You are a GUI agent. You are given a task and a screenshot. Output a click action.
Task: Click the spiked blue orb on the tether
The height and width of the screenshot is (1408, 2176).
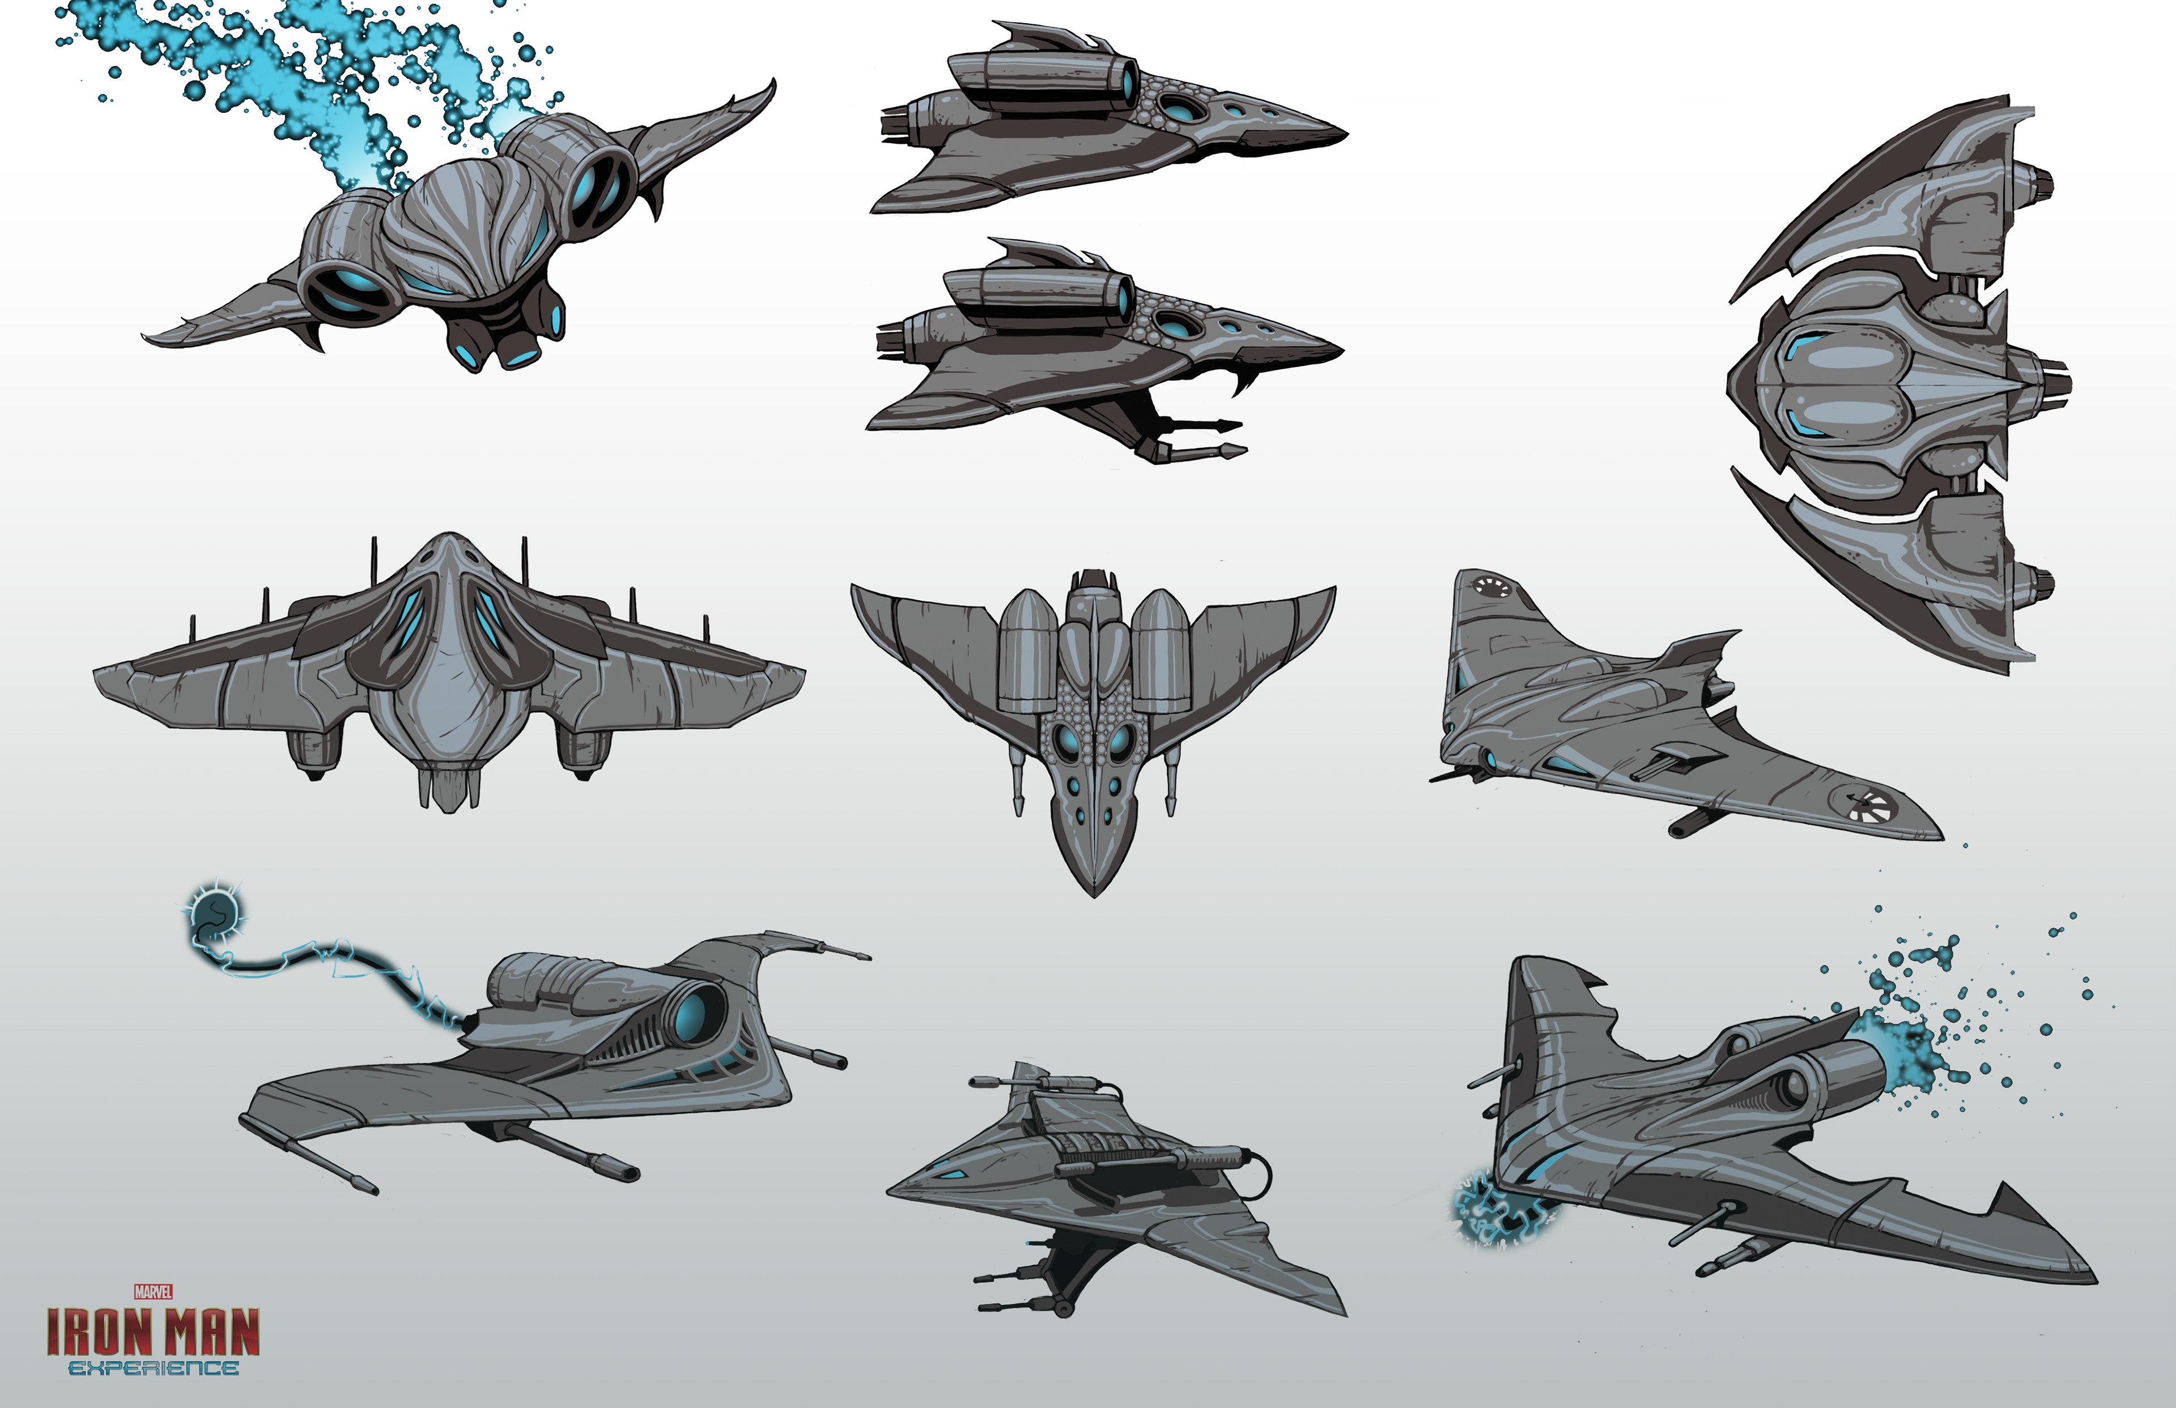coord(216,911)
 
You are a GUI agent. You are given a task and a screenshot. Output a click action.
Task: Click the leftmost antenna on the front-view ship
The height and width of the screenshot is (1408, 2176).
coord(193,629)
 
